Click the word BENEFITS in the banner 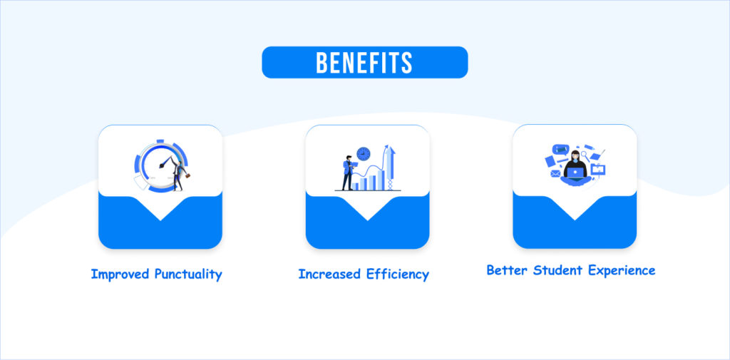point(364,63)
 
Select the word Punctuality point(188,274)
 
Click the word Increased point(330,274)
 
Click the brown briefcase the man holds point(189,177)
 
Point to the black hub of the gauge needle point(162,166)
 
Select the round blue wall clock point(363,154)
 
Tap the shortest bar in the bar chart point(355,186)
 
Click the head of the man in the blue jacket point(348,158)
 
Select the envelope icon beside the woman point(555,174)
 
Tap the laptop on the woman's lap point(576,173)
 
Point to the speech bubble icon point(560,150)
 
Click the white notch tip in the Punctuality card point(160,220)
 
